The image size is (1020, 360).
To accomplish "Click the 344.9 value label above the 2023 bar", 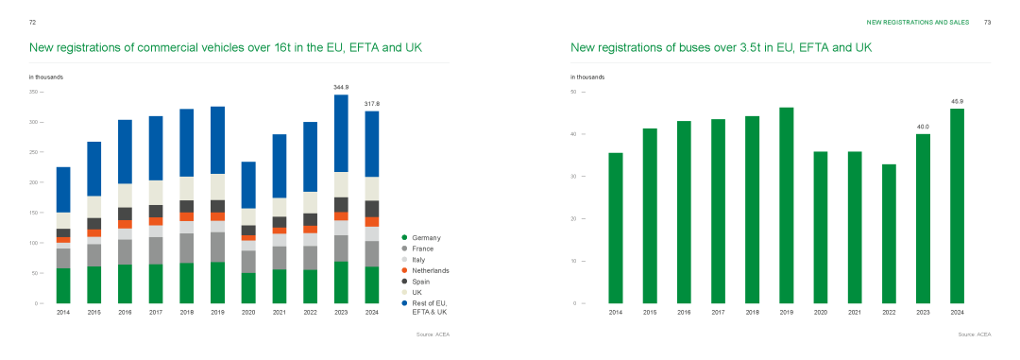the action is click(341, 87).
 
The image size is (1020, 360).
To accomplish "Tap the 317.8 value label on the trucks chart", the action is click(372, 104).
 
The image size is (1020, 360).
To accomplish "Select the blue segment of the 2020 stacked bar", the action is click(248, 185).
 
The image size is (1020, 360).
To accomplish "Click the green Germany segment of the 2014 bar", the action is click(64, 285).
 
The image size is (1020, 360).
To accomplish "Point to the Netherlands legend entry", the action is click(426, 271).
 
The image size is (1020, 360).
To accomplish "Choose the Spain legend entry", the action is click(416, 282).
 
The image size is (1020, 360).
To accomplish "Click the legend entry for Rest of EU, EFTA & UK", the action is click(425, 308).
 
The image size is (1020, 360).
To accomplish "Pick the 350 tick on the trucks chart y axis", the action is click(34, 92).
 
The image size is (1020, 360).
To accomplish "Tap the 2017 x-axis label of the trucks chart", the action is click(156, 313).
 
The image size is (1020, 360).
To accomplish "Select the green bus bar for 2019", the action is click(787, 206).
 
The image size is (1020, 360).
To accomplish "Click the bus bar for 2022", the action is click(889, 233).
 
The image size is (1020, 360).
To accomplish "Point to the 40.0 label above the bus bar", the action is click(923, 127).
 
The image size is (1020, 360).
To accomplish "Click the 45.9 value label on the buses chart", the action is click(957, 101).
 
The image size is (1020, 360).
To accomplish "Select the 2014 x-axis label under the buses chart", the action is click(616, 313).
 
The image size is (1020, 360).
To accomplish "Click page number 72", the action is click(32, 22).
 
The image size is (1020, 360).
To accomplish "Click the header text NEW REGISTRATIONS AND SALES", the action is click(918, 22).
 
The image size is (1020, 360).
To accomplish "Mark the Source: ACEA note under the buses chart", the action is click(975, 334).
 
